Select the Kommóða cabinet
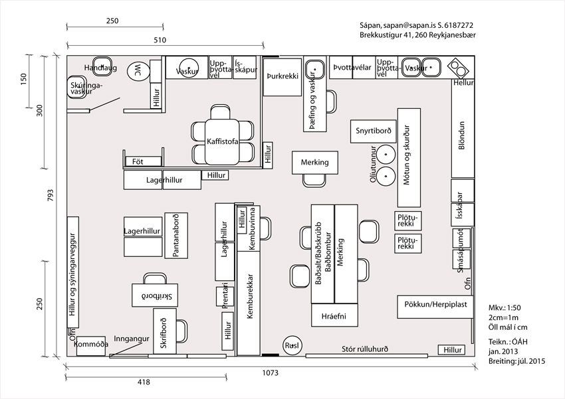pyautogui.click(x=92, y=345)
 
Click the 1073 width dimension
pyautogui.click(x=271, y=374)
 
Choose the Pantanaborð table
pyautogui.click(x=175, y=235)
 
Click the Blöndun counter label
pyautogui.click(x=461, y=137)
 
